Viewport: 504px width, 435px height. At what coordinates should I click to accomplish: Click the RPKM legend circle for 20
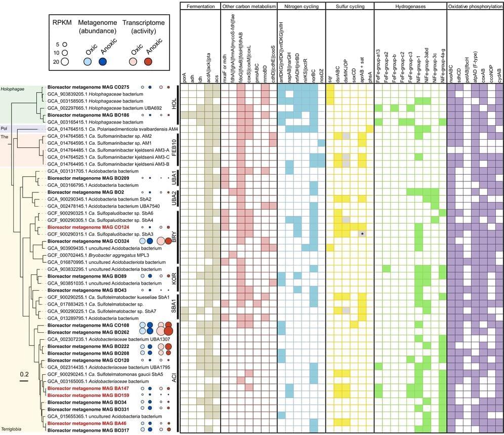click(65, 62)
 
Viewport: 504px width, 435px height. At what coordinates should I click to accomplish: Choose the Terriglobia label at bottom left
click(11, 429)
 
